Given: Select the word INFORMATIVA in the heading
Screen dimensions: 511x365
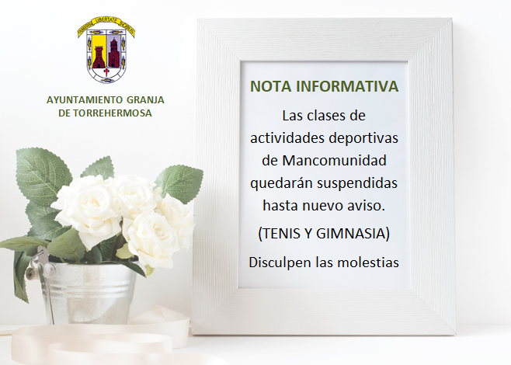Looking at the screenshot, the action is [x=347, y=86].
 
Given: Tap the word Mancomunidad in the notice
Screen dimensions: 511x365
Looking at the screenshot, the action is [x=335, y=160].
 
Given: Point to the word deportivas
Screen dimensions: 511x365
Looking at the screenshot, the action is [x=363, y=138].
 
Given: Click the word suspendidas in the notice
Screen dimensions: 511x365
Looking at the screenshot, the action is [x=357, y=182].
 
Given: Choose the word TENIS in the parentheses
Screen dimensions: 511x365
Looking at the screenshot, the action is [x=281, y=234].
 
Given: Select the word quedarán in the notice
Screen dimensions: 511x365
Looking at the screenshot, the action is [x=281, y=182].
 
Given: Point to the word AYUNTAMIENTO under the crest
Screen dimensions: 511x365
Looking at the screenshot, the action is [x=85, y=99].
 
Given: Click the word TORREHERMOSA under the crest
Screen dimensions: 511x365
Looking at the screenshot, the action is [x=113, y=113].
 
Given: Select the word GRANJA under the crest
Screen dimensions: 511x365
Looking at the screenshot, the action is [x=145, y=99].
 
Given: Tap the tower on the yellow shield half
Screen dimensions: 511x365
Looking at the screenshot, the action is [x=99, y=57].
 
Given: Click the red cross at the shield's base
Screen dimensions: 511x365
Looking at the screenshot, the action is [x=106, y=71].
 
